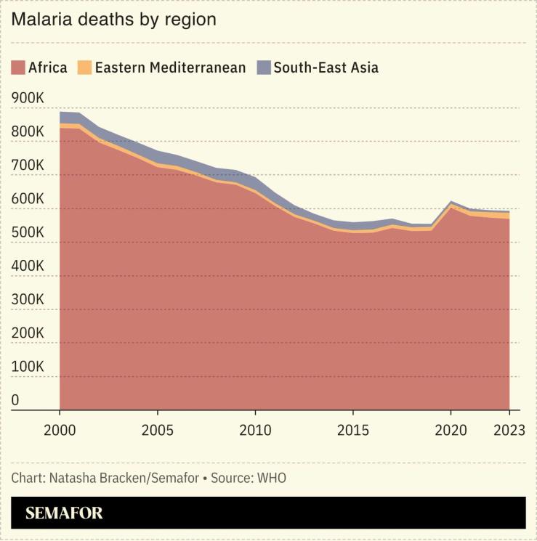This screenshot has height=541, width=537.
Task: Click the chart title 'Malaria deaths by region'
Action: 113,20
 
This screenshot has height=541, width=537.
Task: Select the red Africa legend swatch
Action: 18,68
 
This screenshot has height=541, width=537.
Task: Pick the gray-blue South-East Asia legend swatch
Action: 263,68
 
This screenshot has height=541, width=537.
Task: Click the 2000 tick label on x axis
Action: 60,430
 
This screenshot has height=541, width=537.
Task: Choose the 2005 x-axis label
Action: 158,430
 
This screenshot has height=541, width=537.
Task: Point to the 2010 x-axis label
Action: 255,430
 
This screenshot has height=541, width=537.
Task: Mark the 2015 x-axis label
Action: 353,430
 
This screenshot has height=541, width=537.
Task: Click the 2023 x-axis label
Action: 509,430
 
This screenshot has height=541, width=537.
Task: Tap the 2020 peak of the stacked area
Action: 451,203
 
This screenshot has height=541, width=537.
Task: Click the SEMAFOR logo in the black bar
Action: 64,513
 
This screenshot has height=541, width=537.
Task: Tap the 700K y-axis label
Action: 28,166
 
